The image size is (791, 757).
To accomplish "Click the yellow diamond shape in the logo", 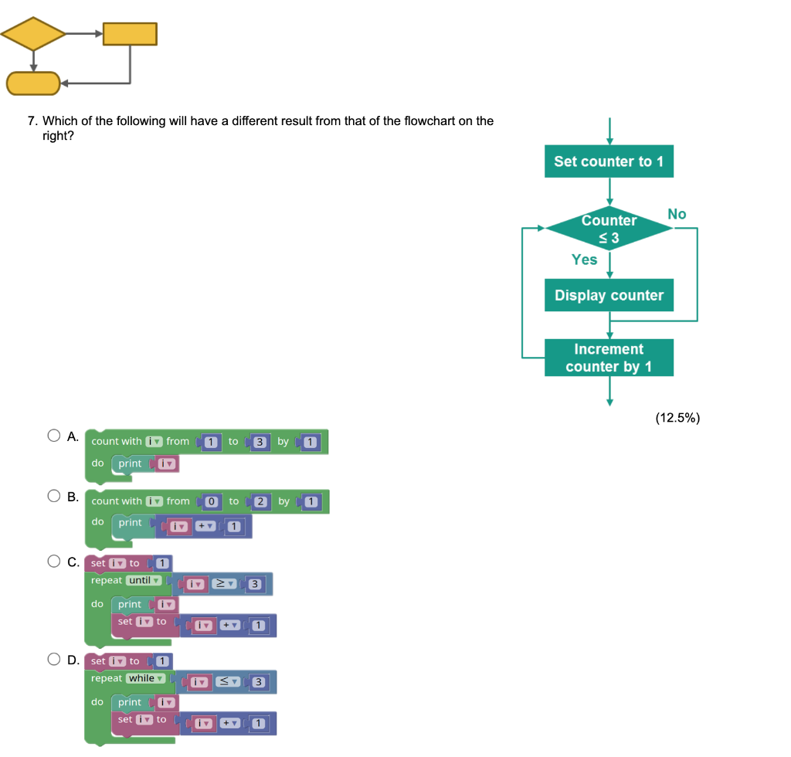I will point(33,33).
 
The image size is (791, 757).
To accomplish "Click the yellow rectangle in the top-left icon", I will point(130,34).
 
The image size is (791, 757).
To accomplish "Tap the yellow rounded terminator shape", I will point(33,83).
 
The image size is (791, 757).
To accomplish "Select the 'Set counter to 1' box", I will point(609,161).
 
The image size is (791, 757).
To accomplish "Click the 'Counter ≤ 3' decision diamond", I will point(609,229).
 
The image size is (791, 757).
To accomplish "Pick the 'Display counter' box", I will point(609,295).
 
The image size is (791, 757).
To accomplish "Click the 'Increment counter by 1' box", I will point(609,358).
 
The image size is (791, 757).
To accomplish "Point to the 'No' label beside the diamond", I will point(677,214).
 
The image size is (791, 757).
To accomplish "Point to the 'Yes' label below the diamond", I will point(584,260).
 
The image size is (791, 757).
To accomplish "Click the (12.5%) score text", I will point(677,418).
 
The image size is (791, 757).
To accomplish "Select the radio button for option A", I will point(54,436).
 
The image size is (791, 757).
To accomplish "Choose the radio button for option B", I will point(54,496).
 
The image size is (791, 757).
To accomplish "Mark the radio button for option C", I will point(54,562).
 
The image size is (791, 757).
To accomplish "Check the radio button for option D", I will point(54,660).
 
